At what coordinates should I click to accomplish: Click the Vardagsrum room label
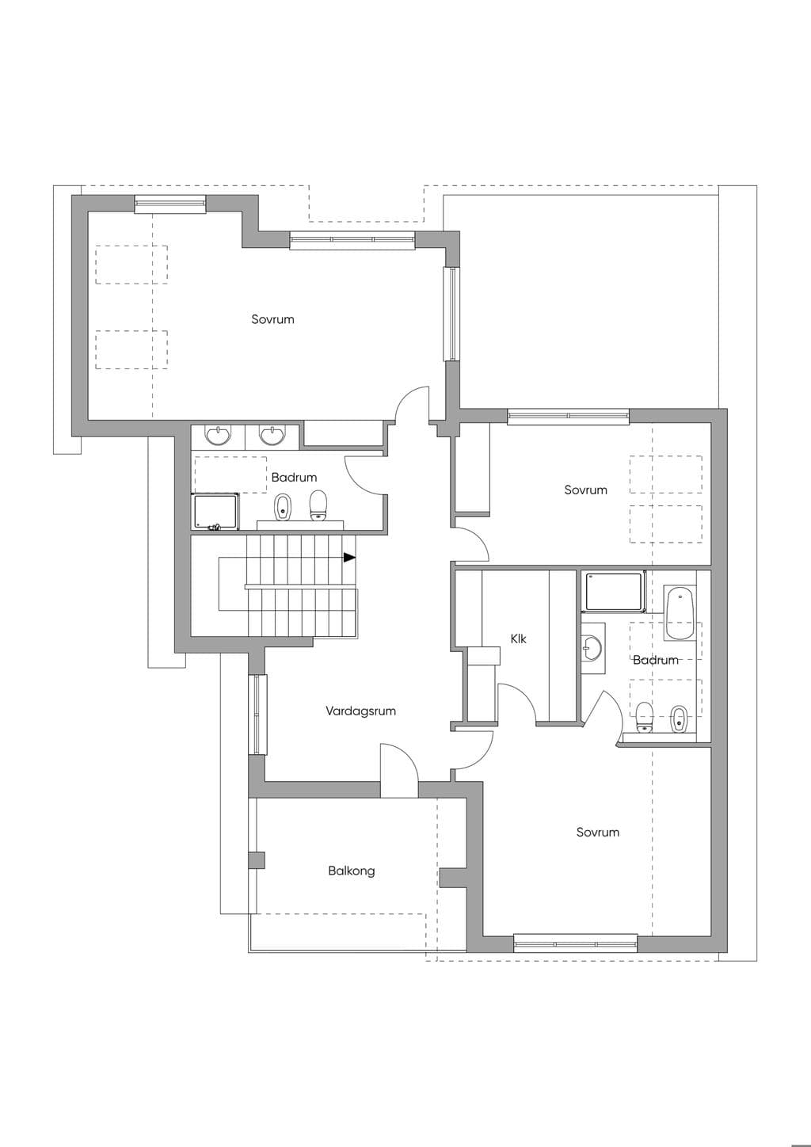pyautogui.click(x=360, y=711)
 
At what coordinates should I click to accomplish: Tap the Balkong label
pyautogui.click(x=351, y=871)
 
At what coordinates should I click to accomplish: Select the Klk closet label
pyautogui.click(x=518, y=638)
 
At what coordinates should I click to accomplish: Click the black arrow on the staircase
pyautogui.click(x=349, y=557)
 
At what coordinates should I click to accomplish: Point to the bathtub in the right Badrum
pyautogui.click(x=680, y=613)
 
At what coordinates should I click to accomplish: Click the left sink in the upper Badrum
pyautogui.click(x=219, y=435)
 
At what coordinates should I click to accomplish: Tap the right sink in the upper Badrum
pyautogui.click(x=272, y=435)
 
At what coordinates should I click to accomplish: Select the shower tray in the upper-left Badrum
pyautogui.click(x=215, y=512)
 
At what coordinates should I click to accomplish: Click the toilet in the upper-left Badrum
pyautogui.click(x=318, y=505)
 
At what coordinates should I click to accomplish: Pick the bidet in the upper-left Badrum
pyautogui.click(x=282, y=507)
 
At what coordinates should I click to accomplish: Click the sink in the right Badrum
pyautogui.click(x=593, y=648)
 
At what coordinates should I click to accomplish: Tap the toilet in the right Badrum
pyautogui.click(x=644, y=718)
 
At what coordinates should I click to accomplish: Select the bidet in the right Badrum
pyautogui.click(x=680, y=719)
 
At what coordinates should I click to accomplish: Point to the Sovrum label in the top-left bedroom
pyautogui.click(x=273, y=319)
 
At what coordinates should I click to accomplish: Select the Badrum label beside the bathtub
pyautogui.click(x=655, y=660)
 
